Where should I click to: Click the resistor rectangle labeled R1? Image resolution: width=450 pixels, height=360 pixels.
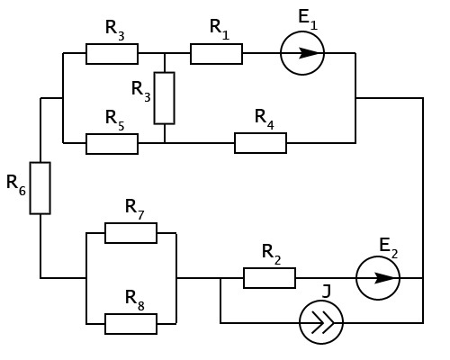pos(216,54)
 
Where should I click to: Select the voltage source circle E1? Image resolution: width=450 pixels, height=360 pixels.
pos(302,31)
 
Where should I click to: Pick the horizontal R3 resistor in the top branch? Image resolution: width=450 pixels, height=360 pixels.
pos(112,54)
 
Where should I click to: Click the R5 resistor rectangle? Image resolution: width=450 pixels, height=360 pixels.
pos(112,144)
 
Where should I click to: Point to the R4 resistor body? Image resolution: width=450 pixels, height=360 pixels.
pos(260,143)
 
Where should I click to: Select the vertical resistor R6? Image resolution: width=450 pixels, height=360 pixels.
pos(40,188)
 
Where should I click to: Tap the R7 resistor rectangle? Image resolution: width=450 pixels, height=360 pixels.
pos(130,233)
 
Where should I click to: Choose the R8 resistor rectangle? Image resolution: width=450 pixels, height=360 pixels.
pos(130,324)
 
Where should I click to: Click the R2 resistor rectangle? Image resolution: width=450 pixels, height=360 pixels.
pos(269,278)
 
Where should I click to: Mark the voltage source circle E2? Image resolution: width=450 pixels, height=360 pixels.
pos(378,256)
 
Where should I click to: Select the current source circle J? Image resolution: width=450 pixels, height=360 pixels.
pos(321,301)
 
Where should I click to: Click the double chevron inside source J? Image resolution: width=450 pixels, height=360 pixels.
pos(323,323)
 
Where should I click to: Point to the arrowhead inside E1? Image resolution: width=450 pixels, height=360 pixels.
pos(309,53)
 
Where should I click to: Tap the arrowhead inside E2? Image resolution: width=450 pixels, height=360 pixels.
pos(384,278)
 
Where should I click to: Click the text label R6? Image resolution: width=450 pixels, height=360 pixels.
pos(16,184)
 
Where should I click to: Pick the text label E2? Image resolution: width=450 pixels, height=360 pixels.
pos(389,247)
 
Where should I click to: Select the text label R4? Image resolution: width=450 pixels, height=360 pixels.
pos(265,119)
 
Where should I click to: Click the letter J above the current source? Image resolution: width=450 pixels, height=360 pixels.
pos(327,292)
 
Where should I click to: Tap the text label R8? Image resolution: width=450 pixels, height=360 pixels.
pos(135,300)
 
